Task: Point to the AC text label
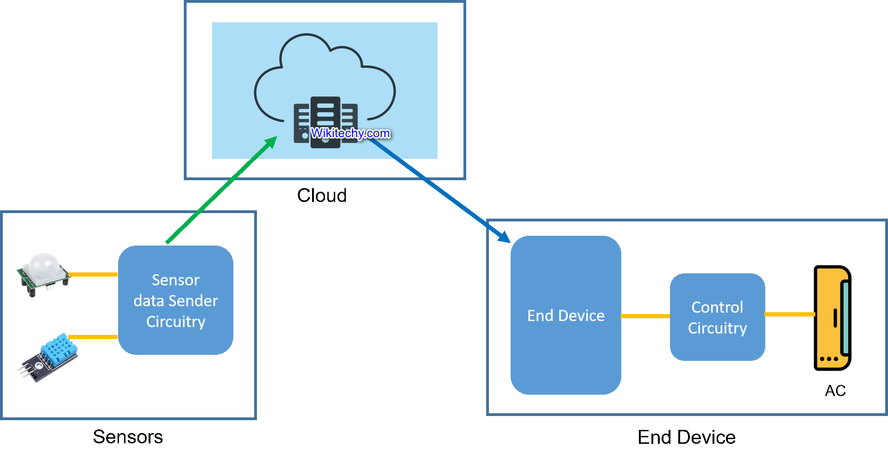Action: (x=835, y=391)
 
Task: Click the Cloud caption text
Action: (x=322, y=195)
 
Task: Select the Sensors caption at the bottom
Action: (x=128, y=437)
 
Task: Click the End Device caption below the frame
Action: (x=686, y=437)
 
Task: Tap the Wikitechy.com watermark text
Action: (x=350, y=133)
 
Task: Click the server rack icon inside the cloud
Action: (x=325, y=116)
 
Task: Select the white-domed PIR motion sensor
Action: (x=43, y=273)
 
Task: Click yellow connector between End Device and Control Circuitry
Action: (x=645, y=316)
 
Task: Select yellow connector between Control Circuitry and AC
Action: (x=789, y=314)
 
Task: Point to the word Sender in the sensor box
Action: (x=194, y=301)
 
